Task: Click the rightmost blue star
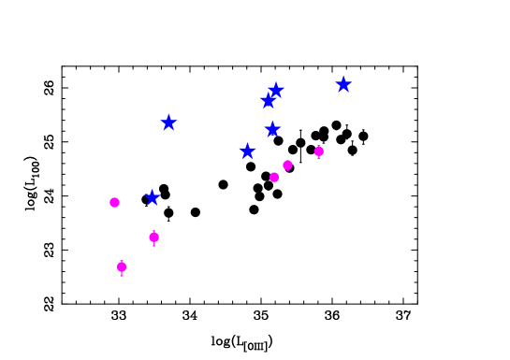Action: tap(343, 85)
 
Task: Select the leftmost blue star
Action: tap(153, 197)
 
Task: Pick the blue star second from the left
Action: tap(168, 122)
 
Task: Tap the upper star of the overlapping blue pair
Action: tap(276, 90)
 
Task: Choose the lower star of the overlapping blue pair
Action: tap(268, 101)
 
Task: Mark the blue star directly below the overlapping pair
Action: tap(272, 129)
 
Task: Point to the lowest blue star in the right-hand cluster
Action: tap(247, 151)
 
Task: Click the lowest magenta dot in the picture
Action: tap(122, 266)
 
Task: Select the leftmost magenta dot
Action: tap(114, 202)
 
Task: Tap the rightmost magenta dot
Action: tap(319, 151)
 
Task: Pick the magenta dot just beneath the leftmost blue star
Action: tap(153, 237)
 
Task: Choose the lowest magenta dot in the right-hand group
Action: tap(274, 177)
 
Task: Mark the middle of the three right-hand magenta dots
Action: tap(287, 166)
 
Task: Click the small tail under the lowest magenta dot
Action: tap(122, 275)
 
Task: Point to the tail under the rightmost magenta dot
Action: tap(319, 158)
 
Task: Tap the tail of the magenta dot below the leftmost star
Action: tap(153, 245)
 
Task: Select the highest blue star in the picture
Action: tap(343, 85)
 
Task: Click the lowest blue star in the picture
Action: tap(153, 197)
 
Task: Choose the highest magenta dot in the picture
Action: tap(319, 151)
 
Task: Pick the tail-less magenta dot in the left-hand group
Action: tap(114, 202)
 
